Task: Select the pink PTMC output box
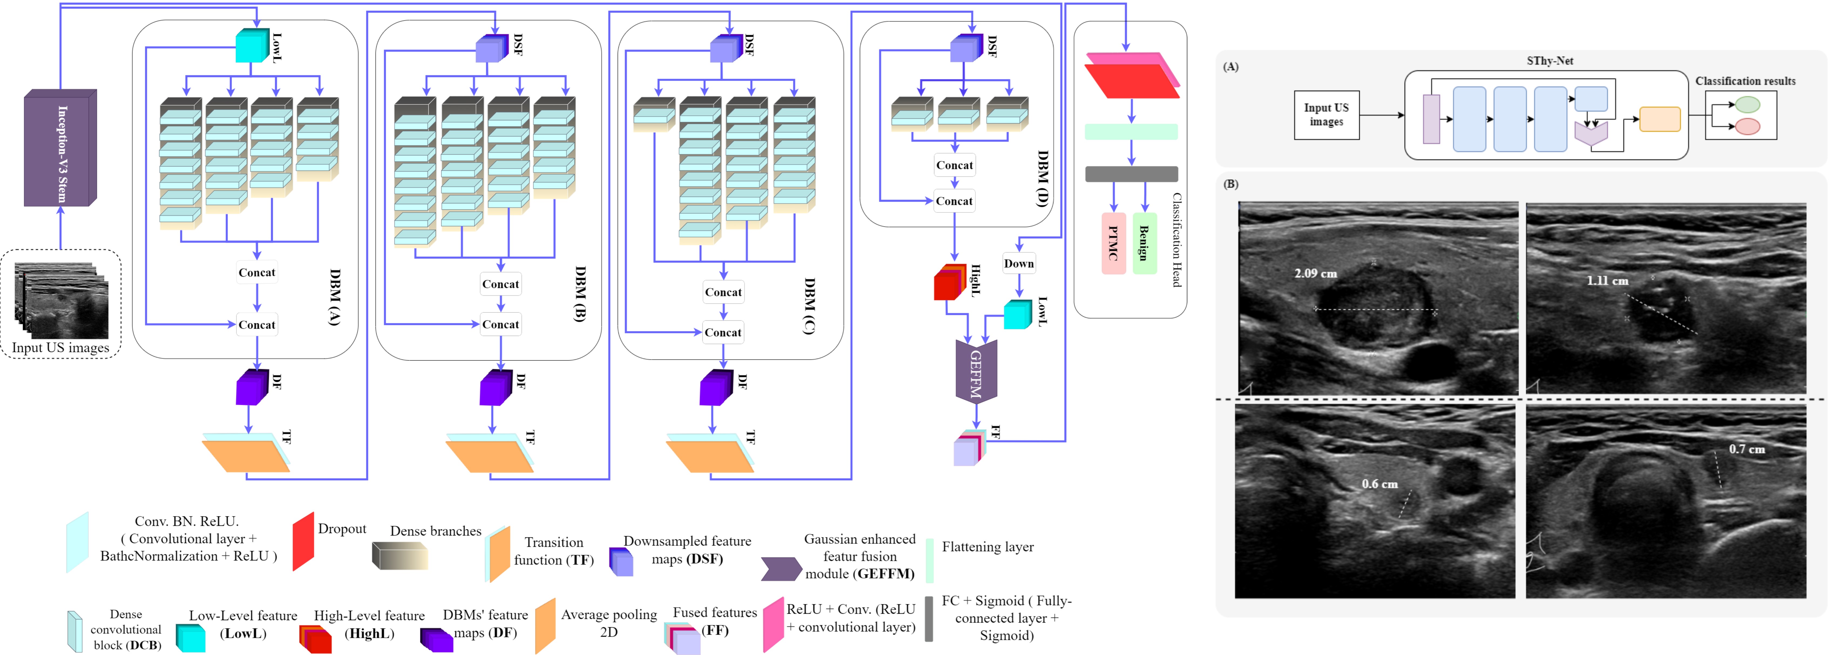tap(1113, 244)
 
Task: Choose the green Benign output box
tap(1144, 244)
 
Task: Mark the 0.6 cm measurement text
tap(1379, 484)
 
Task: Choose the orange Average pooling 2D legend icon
tap(545, 625)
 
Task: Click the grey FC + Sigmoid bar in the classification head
tap(1131, 174)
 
